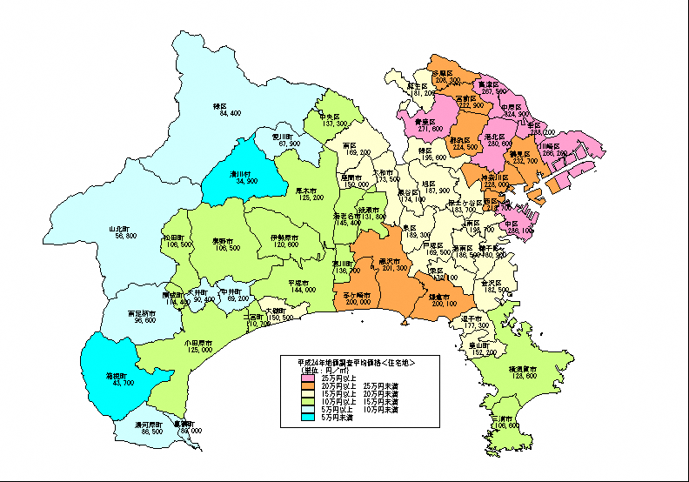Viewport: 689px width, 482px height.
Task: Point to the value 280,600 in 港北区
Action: point(498,144)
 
